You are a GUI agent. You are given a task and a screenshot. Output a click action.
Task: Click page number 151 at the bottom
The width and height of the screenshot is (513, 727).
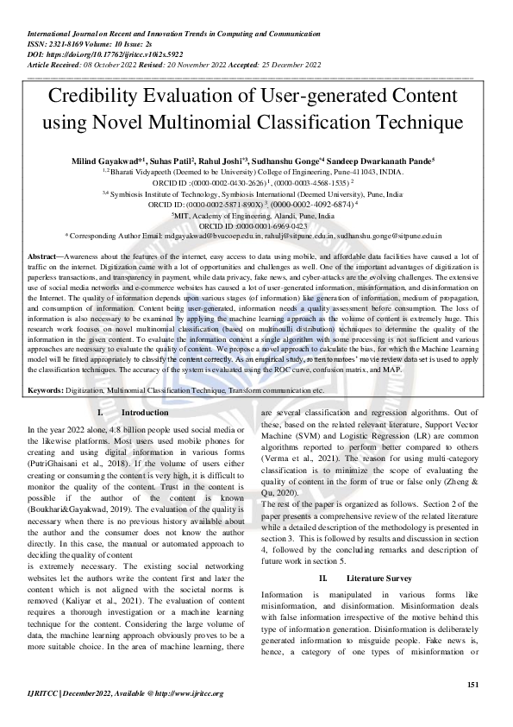tap(472, 685)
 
